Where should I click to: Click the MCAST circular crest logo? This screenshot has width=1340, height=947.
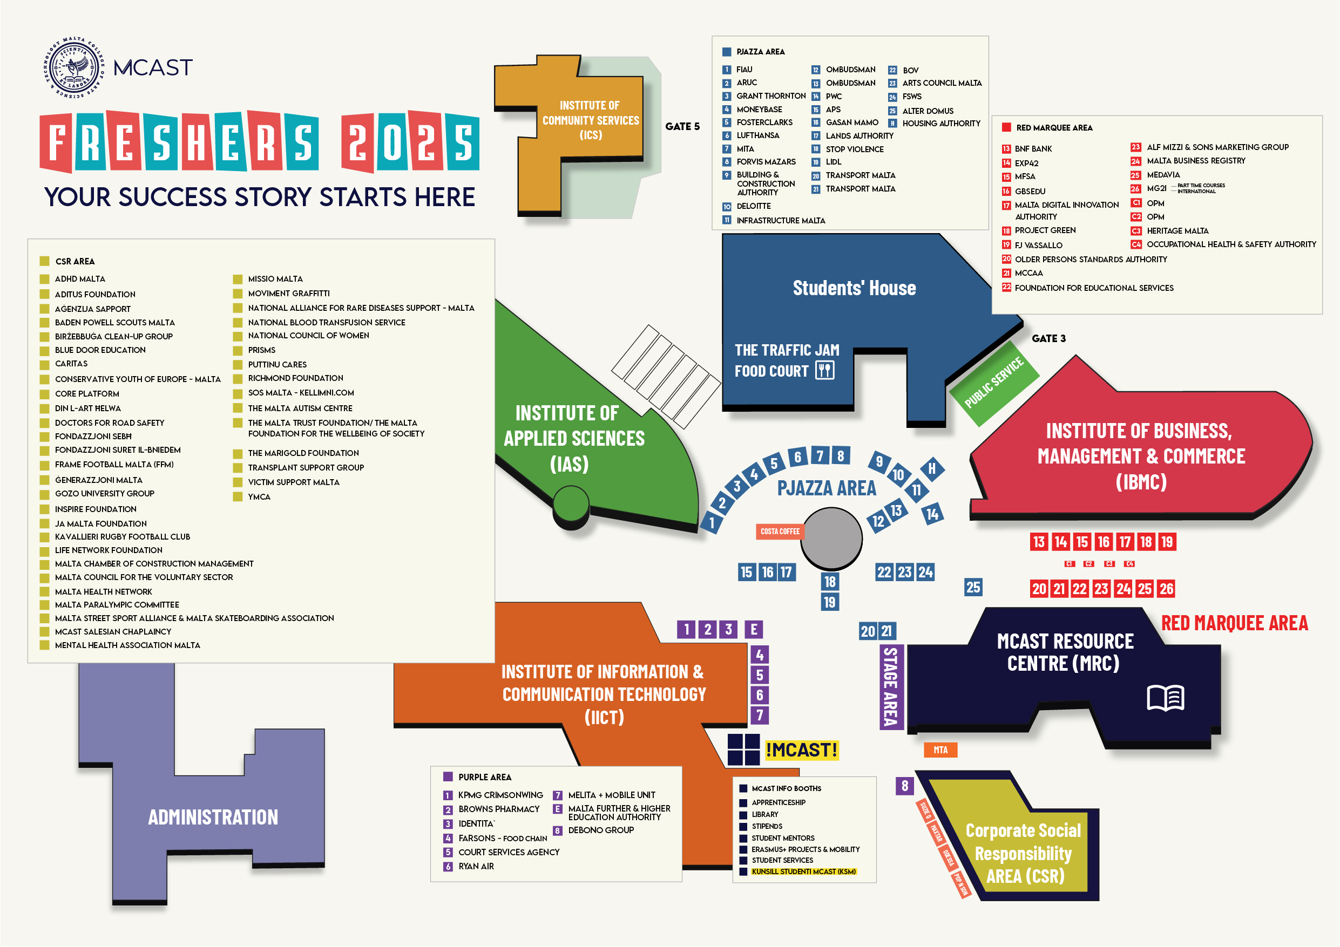click(74, 67)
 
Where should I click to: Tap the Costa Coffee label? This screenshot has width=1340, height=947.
click(780, 532)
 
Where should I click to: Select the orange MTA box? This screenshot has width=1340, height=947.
click(940, 750)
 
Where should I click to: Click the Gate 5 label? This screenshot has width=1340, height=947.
click(682, 127)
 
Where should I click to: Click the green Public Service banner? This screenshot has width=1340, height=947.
click(994, 382)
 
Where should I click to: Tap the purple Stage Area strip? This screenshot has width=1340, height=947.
click(891, 687)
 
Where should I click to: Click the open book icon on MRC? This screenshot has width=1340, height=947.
click(1165, 698)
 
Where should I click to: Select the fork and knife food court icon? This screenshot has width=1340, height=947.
click(824, 370)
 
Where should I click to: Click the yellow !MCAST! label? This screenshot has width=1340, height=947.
click(802, 750)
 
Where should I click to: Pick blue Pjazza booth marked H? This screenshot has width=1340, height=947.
click(932, 468)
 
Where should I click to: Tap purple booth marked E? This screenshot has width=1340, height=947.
click(754, 630)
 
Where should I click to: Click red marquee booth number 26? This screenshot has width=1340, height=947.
click(1166, 589)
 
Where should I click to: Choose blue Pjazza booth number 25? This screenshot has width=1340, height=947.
click(973, 588)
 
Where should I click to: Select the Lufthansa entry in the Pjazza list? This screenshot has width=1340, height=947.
click(757, 135)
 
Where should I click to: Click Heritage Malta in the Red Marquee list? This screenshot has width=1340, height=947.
click(1177, 231)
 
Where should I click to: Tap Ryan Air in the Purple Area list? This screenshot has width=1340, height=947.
click(476, 867)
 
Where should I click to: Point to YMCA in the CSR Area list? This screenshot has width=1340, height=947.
click(259, 497)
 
